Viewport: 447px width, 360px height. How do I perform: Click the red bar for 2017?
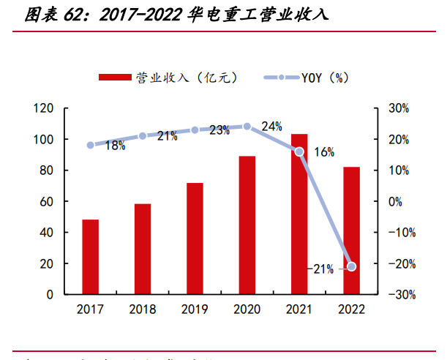(90, 257)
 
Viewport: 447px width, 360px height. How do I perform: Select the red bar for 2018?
(142, 249)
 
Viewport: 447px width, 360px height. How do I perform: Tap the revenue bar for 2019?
(195, 239)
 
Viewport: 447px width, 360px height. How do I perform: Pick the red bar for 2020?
(247, 225)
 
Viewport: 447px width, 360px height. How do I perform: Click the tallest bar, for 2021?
(299, 214)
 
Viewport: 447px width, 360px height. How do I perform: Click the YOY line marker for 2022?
(351, 266)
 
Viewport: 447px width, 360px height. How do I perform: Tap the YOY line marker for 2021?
(299, 151)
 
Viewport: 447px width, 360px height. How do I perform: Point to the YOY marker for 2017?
(90, 145)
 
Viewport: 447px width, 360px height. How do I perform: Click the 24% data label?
(271, 127)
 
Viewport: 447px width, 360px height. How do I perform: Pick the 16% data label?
(324, 152)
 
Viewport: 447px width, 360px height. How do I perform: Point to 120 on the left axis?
(44, 108)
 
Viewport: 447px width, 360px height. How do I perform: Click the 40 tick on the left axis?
(47, 233)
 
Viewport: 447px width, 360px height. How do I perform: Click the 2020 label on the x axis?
(247, 310)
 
